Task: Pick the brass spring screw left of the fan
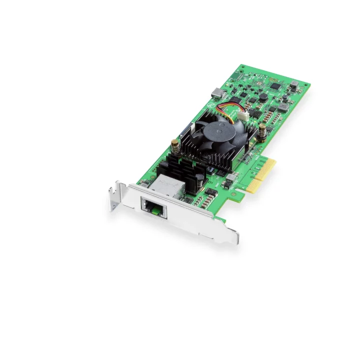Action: click(x=175, y=144)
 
